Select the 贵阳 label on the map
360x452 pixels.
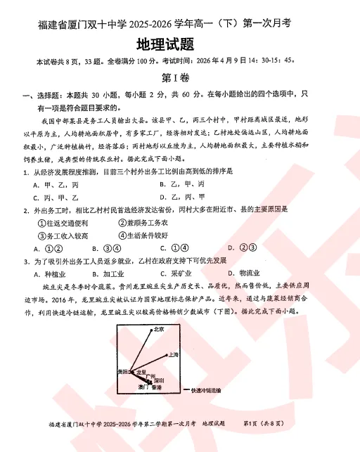click(123, 370)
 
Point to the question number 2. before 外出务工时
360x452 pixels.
click(26, 210)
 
